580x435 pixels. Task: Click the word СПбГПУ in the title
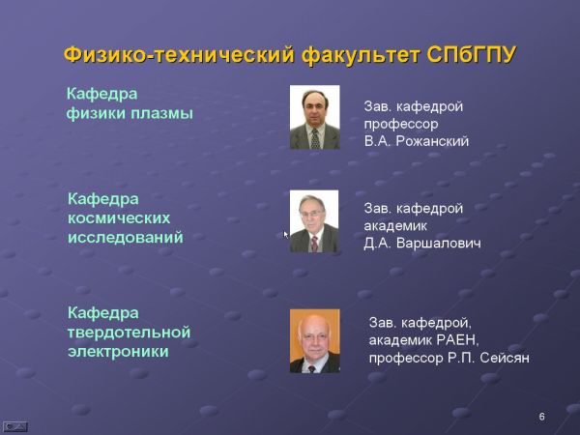471,55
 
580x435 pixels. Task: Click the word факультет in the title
361,56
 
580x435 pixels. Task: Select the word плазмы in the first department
161,113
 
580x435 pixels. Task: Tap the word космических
119,218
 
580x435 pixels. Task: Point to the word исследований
126,238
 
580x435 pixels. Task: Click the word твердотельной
130,333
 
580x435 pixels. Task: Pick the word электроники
118,352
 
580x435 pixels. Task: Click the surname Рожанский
432,141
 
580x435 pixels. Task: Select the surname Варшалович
439,243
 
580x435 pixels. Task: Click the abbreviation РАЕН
457,340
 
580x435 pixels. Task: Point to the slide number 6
542,417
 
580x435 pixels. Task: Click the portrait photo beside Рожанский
315,117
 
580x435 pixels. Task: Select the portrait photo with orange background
315,341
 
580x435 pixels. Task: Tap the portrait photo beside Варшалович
314,221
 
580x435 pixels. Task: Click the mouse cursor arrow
285,235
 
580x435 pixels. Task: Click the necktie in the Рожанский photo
315,138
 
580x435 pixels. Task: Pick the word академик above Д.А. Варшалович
395,225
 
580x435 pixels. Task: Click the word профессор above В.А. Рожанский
401,125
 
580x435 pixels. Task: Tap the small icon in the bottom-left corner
15,426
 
